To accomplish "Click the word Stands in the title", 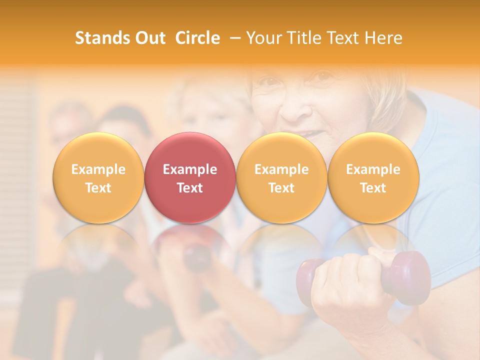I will [x=101, y=38].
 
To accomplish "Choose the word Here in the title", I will [x=383, y=38].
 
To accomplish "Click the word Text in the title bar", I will [x=344, y=38].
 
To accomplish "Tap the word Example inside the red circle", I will [x=190, y=169].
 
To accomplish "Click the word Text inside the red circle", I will [x=190, y=188].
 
